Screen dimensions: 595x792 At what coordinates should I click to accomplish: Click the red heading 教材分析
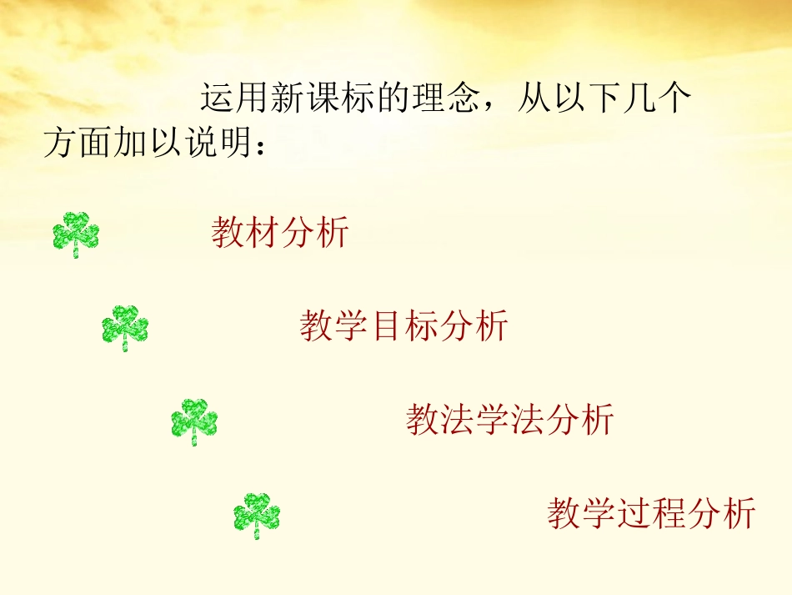point(279,232)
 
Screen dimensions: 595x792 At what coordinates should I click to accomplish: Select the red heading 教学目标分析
point(404,325)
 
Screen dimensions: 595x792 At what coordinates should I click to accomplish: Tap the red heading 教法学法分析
point(509,419)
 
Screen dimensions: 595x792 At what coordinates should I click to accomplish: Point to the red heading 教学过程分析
point(651,512)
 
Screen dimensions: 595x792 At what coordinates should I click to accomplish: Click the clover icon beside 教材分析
point(76,234)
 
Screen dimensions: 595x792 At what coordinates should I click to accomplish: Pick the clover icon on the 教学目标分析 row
point(125,326)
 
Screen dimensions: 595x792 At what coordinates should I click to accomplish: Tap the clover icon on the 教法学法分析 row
point(194,421)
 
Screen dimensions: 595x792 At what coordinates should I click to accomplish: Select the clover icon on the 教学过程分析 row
point(257,514)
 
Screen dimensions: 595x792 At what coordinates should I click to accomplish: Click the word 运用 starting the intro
point(234,99)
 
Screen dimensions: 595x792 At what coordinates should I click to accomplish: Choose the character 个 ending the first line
point(675,99)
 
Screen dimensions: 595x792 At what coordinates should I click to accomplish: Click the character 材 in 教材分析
point(262,232)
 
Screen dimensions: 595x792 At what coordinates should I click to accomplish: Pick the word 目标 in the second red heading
point(404,325)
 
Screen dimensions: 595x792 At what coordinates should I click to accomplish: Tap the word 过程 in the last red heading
point(651,512)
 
